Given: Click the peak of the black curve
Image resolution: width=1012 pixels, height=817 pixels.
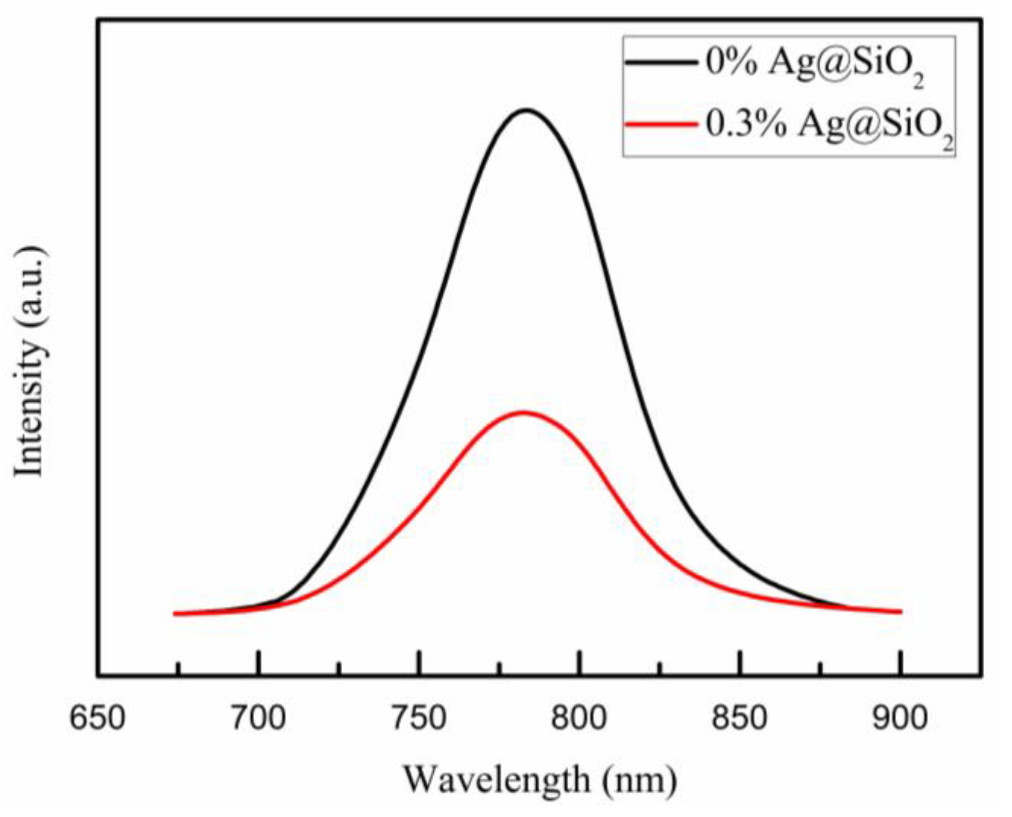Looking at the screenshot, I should point(526,110).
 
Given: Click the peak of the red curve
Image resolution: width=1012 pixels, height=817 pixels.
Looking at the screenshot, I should point(523,413).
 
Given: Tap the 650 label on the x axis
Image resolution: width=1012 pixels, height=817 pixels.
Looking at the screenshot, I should point(97,717).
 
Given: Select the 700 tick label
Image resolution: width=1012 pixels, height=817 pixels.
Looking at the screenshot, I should point(258,717).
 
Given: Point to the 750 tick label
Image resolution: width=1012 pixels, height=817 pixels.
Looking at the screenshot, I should point(419,717).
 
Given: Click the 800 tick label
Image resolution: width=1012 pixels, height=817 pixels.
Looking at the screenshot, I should point(579,717).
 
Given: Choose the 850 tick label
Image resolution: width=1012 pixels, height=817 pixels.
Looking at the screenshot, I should point(740,717).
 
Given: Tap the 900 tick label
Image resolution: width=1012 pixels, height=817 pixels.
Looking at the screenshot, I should point(900,717).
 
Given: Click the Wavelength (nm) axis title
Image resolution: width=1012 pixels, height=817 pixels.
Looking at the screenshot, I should point(539,779).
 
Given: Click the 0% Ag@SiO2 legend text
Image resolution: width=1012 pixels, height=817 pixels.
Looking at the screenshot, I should point(814,66).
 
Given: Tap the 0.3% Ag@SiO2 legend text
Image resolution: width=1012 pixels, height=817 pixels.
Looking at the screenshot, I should point(829,126).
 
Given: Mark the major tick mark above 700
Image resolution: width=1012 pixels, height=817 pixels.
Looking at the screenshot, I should point(258,662).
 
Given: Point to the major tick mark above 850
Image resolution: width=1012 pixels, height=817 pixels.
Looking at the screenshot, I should point(740,662).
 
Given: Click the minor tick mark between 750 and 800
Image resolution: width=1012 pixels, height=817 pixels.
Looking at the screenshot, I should point(499,667).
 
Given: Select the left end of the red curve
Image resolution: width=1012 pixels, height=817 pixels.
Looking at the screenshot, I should point(175,614).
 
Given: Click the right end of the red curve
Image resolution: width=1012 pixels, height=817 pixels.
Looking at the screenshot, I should point(900,612).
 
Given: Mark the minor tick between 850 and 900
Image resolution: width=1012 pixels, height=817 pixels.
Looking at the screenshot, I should point(820,667).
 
